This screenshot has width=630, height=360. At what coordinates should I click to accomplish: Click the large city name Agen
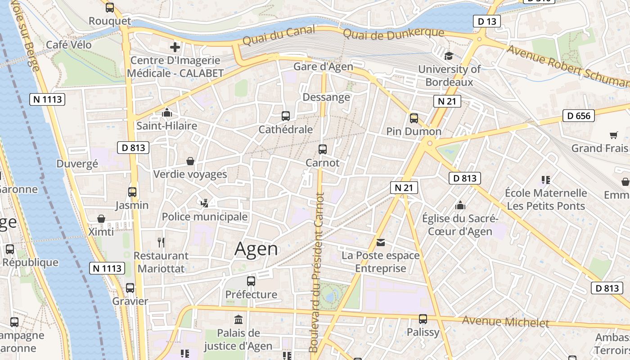coord(256,249)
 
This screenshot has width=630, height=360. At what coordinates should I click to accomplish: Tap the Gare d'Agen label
coord(323,67)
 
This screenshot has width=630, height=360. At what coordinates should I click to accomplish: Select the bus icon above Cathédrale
coord(285,116)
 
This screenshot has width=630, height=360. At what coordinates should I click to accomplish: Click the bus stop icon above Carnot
coord(322,149)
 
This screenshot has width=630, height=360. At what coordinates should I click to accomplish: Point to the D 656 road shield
coord(579,116)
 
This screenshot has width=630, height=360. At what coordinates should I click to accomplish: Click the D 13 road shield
coord(487,21)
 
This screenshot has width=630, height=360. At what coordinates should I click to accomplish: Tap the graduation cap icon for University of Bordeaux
coord(449,56)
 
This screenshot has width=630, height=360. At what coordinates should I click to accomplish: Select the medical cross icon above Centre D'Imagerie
coord(175,47)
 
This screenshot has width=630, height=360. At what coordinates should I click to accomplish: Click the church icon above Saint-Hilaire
coord(167,112)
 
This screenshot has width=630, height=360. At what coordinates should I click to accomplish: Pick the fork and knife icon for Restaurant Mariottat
coord(161,243)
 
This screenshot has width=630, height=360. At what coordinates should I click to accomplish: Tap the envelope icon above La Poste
coord(381,243)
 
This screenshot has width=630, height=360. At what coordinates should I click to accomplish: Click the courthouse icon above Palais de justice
coord(238,320)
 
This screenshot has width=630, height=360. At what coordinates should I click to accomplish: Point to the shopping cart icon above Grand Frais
coord(613,135)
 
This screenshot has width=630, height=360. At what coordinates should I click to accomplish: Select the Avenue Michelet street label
coord(506,322)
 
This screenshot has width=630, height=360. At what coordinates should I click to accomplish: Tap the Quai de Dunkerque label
coord(393,33)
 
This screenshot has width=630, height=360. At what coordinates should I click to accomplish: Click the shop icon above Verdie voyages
coord(190,161)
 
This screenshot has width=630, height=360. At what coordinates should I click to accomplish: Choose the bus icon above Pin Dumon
coord(414,118)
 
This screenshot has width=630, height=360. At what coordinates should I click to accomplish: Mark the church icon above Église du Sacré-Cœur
coord(460,205)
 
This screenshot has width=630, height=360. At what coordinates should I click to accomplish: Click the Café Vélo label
coord(69,45)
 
